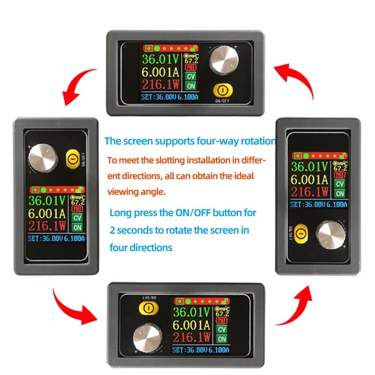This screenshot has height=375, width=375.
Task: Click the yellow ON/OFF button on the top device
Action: click(222, 91)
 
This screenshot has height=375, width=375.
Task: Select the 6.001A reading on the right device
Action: click(310, 179)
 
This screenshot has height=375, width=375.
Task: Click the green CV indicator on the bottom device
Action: click(222, 329)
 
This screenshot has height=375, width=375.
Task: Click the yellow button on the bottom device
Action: click(148, 308)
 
